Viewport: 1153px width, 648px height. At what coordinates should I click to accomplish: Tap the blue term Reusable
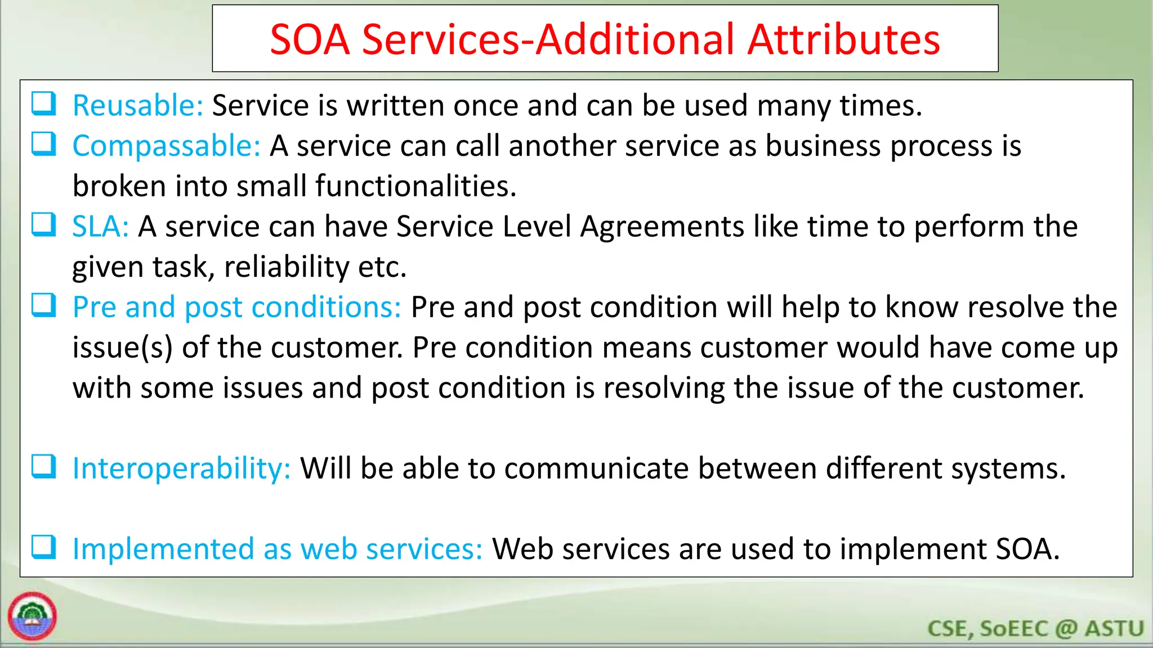pos(137,105)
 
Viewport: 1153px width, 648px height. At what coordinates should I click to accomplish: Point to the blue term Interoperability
pos(181,468)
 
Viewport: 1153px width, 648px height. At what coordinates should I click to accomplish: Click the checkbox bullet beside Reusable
pos(43,103)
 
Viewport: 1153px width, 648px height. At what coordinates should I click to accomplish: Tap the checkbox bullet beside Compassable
pos(43,144)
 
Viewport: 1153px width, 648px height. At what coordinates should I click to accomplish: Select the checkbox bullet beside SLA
pos(43,224)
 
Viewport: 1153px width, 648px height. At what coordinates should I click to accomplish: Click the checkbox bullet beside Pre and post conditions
pos(43,305)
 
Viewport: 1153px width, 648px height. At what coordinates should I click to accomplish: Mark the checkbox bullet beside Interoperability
pos(43,466)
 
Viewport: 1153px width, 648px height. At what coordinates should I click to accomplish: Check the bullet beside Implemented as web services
pos(43,547)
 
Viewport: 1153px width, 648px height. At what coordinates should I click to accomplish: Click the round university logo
pos(32,616)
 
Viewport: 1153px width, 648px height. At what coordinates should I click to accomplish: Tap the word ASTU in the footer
pos(1114,628)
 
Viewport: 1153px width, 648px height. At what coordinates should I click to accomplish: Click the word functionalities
pos(415,186)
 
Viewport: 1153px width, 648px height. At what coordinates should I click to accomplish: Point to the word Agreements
pos(662,227)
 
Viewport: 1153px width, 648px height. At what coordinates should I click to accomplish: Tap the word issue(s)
pos(122,348)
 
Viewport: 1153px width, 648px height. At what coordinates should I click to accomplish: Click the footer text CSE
pos(949,628)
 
